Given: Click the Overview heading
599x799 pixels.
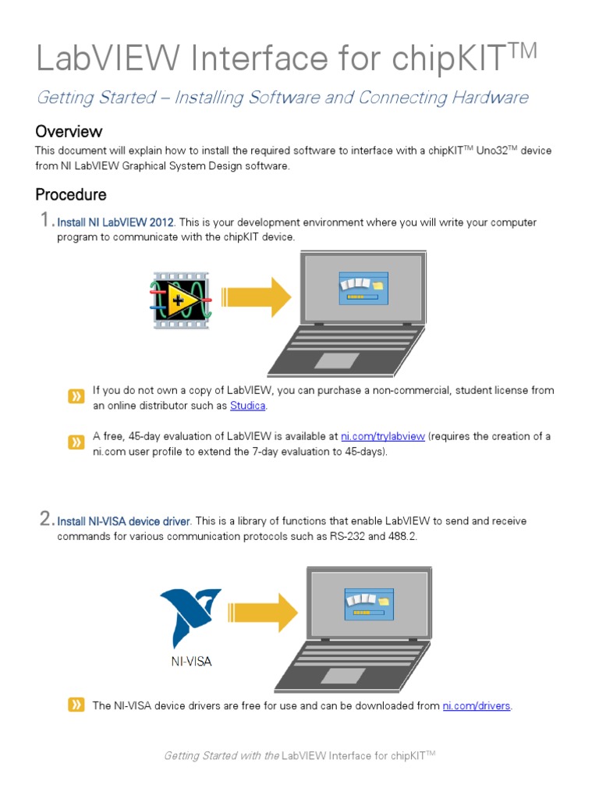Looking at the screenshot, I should pyautogui.click(x=69, y=131).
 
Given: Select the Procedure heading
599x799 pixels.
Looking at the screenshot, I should pyautogui.click(x=71, y=194).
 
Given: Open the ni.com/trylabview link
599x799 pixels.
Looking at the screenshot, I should pyautogui.click(x=382, y=437).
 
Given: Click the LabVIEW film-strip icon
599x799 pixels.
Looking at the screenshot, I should pyautogui.click(x=180, y=300).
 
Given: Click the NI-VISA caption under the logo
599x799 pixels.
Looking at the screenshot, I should pyautogui.click(x=191, y=662).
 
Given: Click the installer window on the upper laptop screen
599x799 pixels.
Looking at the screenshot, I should pyautogui.click(x=363, y=288).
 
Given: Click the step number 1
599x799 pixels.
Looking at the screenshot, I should pyautogui.click(x=45, y=221).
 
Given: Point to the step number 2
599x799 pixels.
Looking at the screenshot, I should pyautogui.click(x=45, y=519).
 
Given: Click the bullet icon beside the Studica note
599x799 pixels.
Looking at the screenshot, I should pyautogui.click(x=76, y=397).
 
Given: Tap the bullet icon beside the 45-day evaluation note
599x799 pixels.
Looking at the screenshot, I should pyautogui.click(x=76, y=443).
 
